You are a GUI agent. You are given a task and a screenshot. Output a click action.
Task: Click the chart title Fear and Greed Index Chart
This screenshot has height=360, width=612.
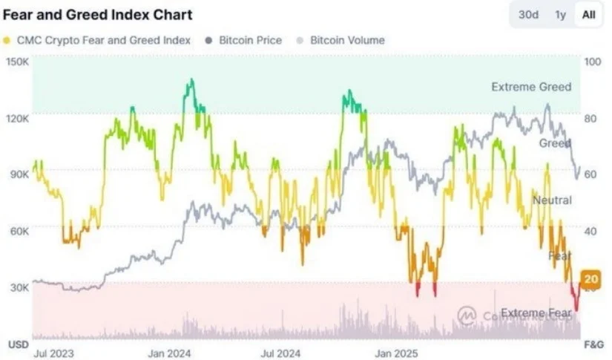point(98,14)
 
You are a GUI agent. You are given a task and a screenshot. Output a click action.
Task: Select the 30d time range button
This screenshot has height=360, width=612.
point(528,14)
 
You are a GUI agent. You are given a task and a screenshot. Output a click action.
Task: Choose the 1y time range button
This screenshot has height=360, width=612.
point(560,14)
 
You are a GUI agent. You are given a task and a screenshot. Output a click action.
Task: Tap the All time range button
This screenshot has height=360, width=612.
point(588,14)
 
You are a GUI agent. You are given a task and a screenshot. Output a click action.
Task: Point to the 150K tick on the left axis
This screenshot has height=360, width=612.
point(17,62)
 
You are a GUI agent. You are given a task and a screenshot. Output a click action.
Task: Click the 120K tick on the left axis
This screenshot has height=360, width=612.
point(17,118)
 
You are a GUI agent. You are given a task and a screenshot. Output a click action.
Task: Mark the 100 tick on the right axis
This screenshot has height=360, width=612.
point(592,62)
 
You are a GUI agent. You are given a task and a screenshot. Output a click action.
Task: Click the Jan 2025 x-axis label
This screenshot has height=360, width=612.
point(395,354)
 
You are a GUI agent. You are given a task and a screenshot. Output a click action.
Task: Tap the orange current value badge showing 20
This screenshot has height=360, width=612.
point(591,279)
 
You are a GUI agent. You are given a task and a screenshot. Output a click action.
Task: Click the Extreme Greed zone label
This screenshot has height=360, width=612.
point(531,87)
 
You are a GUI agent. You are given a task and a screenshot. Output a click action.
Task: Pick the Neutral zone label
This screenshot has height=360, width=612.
point(552,200)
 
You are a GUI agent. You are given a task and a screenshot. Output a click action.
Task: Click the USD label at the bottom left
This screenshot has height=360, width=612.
point(18,345)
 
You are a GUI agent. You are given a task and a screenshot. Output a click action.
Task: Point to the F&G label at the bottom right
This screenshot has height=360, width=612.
point(593,345)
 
